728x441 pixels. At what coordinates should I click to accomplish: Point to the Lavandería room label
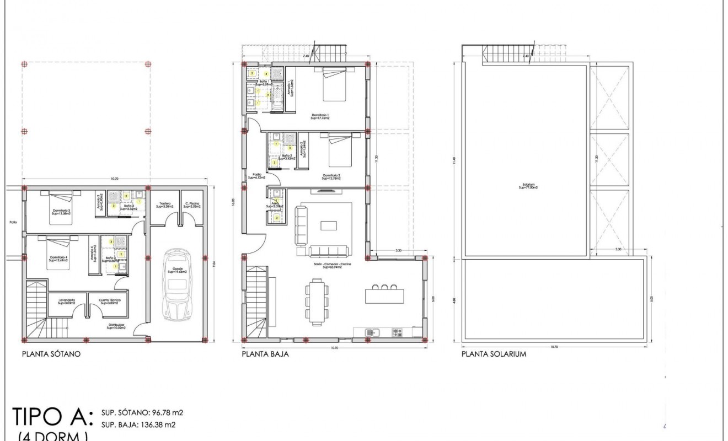point(66,301)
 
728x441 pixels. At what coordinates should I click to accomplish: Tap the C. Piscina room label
point(192,205)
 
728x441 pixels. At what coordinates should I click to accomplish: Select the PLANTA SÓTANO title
point(51,354)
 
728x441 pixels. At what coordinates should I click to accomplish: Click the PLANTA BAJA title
point(265,354)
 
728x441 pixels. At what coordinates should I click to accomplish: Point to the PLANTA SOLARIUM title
point(494,354)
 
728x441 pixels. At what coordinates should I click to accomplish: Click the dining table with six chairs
point(316,300)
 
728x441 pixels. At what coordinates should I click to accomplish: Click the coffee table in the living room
point(329,225)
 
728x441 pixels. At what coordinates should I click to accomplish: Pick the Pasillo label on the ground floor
point(257,176)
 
